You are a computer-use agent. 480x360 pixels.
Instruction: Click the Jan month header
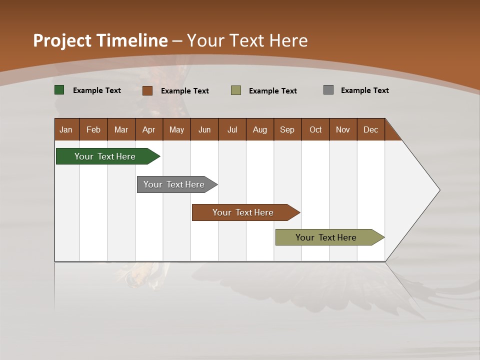tap(66, 129)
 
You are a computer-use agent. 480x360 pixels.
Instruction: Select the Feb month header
tap(93, 129)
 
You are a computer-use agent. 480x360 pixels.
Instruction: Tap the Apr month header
tap(148, 129)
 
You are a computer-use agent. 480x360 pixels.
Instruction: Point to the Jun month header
tap(204, 129)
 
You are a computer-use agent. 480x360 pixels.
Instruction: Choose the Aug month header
tap(259, 129)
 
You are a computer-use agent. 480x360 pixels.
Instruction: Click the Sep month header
tap(287, 129)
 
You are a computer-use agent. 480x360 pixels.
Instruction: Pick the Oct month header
tap(315, 129)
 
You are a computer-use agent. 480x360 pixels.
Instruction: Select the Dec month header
tap(370, 129)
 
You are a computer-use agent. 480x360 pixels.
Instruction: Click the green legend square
tap(59, 90)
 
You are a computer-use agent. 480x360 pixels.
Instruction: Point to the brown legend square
tap(147, 90)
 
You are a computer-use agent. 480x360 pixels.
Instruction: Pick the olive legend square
tap(236, 90)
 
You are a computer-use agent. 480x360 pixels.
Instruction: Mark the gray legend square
tap(328, 90)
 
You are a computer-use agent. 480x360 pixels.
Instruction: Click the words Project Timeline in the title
tap(100, 40)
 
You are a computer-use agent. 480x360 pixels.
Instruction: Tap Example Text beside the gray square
tap(364, 90)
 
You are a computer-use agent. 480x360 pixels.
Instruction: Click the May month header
tap(176, 129)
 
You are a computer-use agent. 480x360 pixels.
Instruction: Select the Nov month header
tap(342, 129)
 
